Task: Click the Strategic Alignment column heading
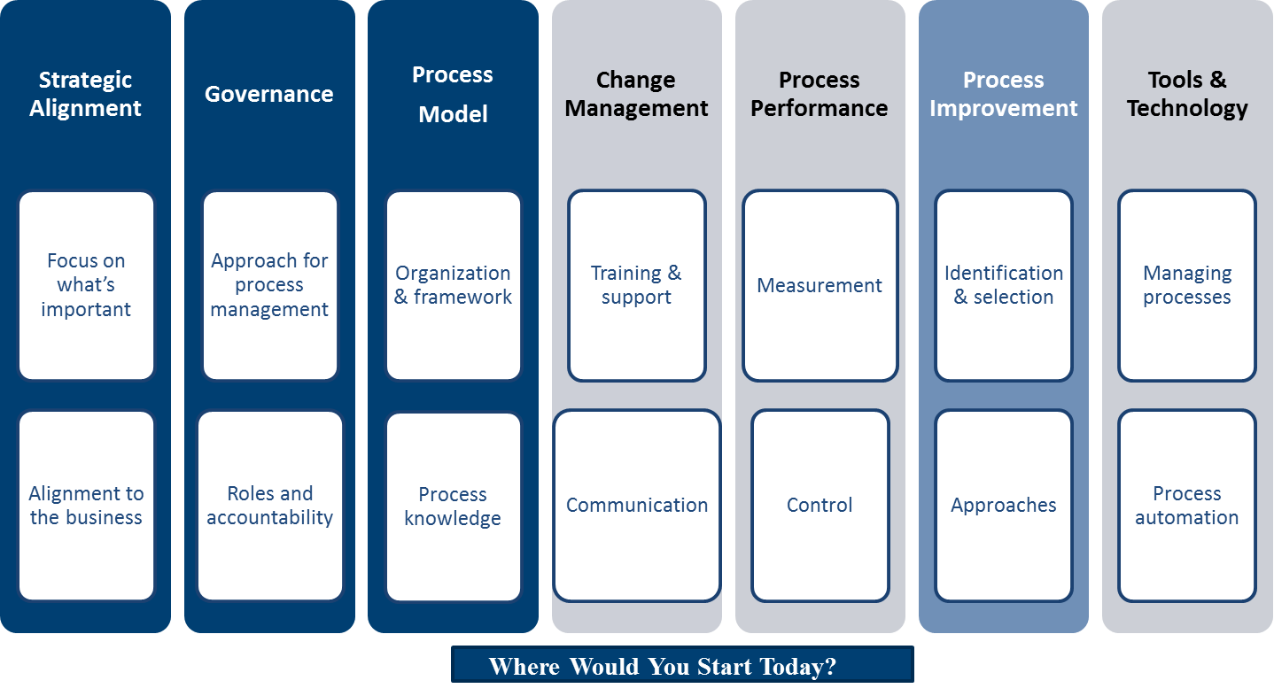click(x=85, y=94)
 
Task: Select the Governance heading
click(x=269, y=94)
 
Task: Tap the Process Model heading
click(x=453, y=94)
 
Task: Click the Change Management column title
click(x=636, y=94)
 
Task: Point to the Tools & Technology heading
click(x=1187, y=94)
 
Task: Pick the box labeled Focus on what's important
click(x=86, y=285)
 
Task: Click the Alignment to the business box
click(x=86, y=506)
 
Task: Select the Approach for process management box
click(x=269, y=285)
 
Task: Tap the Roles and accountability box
click(x=269, y=506)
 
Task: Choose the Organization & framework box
click(x=453, y=285)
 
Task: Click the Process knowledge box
click(x=453, y=507)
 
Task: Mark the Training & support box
click(x=636, y=285)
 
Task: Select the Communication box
click(x=636, y=506)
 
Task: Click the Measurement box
click(x=820, y=285)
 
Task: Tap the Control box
click(x=820, y=506)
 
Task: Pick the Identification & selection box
click(x=1003, y=285)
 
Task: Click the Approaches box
click(x=1003, y=506)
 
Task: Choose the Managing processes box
click(x=1186, y=285)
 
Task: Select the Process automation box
click(x=1186, y=506)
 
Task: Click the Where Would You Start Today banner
click(x=681, y=665)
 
